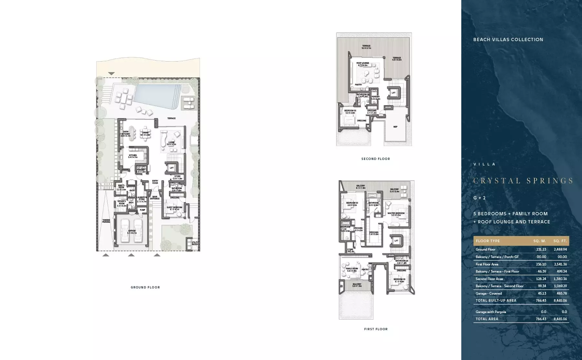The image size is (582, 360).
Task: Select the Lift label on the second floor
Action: [393, 93]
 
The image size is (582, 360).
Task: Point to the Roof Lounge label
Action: [363, 64]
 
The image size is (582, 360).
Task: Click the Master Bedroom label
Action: [396, 214]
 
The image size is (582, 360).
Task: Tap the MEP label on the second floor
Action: [395, 127]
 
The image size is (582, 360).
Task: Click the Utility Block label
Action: [195, 243]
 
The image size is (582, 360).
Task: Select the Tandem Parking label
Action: [106, 221]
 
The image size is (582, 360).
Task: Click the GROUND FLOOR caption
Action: [145, 287]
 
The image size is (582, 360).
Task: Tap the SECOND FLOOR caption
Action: [376, 159]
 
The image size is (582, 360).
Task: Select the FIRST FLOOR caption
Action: [376, 329]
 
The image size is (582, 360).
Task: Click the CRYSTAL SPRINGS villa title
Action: [523, 181]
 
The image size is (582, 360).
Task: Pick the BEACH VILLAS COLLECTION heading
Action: [508, 39]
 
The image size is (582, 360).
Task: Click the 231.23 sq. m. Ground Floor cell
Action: [541, 250]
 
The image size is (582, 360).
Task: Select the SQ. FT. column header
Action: [560, 241]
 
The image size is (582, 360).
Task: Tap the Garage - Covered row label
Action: [489, 294]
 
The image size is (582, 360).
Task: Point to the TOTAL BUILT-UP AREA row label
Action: [496, 301]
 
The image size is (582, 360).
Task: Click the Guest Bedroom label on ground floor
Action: [174, 208]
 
